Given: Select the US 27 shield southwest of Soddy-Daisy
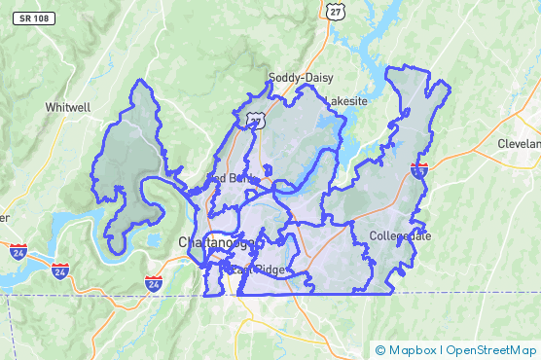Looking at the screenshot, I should point(255,118).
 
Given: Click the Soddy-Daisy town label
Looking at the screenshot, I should point(301,77).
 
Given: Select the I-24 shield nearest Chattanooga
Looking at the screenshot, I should point(153,282).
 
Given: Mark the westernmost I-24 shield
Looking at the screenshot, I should point(19,251).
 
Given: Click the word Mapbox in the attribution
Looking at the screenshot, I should point(411,349).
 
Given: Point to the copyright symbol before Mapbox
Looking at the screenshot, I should point(380,349).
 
